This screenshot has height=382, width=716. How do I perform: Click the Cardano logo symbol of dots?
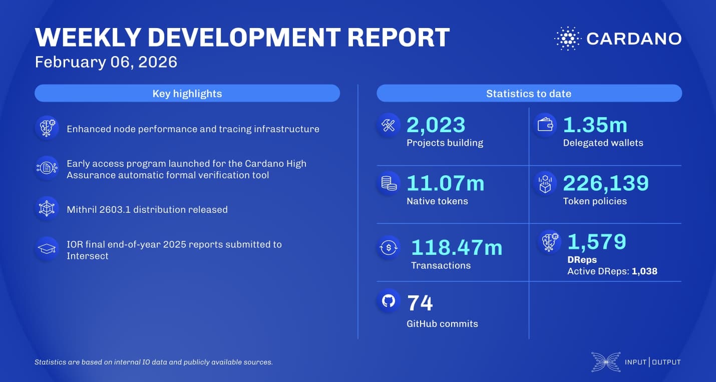click(x=567, y=39)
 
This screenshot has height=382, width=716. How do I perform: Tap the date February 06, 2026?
click(x=106, y=62)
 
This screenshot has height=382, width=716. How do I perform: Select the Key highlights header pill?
click(x=187, y=94)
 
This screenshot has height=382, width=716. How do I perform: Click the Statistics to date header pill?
click(x=529, y=94)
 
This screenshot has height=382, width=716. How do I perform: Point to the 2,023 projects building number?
click(x=436, y=125)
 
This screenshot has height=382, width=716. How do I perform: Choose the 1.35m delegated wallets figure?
click(x=595, y=125)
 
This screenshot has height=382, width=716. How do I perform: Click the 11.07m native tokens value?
click(x=445, y=183)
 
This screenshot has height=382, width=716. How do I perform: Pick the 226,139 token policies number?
click(x=606, y=183)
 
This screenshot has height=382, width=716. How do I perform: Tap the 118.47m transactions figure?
click(x=456, y=247)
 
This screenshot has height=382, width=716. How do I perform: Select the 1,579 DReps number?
click(x=596, y=242)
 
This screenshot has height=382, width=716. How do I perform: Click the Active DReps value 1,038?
click(x=644, y=272)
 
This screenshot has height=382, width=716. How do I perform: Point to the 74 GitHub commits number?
click(x=420, y=303)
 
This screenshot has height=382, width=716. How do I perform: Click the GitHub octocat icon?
click(x=389, y=300)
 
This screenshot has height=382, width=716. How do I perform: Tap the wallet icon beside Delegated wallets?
click(x=545, y=125)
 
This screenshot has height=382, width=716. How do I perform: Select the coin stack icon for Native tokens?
click(x=389, y=184)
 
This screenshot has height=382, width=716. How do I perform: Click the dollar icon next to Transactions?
click(x=389, y=248)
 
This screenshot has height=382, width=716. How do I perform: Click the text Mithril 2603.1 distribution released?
click(x=147, y=210)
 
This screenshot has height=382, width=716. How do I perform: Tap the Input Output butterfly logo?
click(x=605, y=362)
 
